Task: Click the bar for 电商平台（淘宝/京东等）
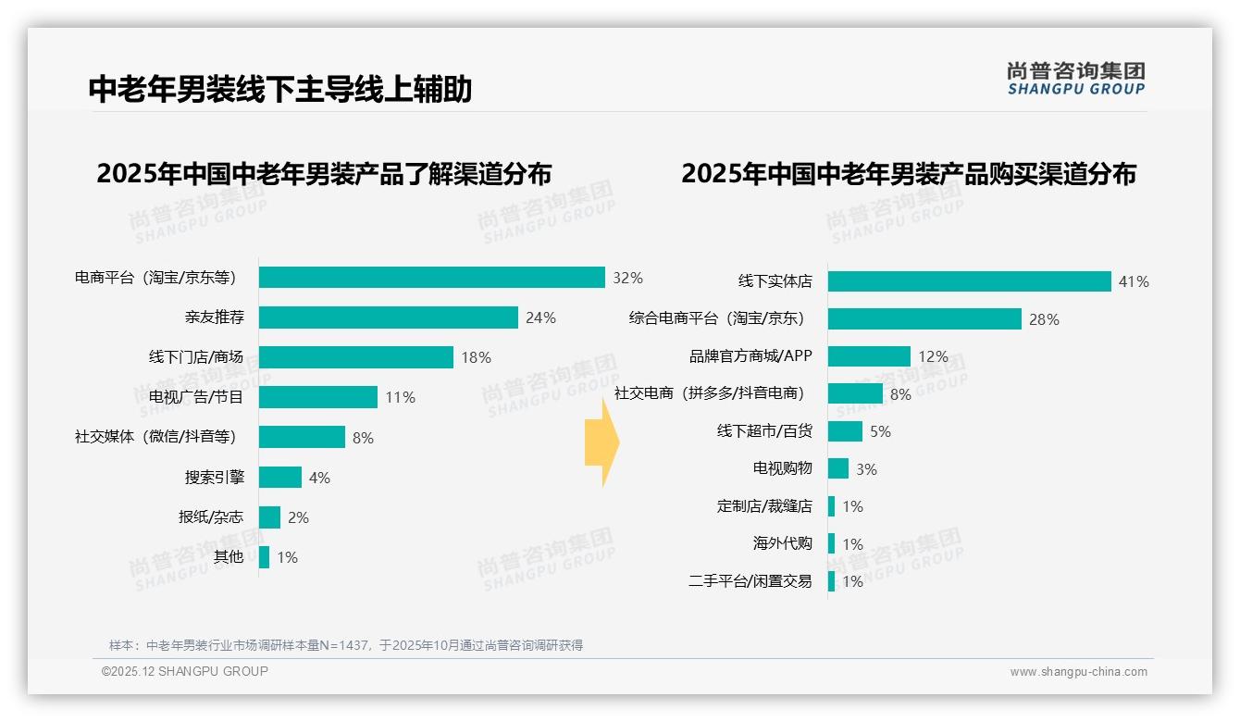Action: (x=431, y=278)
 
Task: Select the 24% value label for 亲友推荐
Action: (x=540, y=317)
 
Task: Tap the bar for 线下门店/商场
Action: (x=355, y=357)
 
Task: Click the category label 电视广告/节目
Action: (x=196, y=397)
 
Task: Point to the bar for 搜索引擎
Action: (x=279, y=477)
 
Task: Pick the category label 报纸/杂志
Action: (x=211, y=517)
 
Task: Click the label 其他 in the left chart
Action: (x=229, y=556)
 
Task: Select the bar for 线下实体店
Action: (x=969, y=281)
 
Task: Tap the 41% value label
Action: (x=1134, y=281)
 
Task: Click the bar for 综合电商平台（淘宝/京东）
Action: (x=924, y=319)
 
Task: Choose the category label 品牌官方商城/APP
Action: (x=750, y=356)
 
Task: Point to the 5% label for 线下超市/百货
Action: (x=880, y=431)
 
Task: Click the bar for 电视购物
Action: (x=837, y=468)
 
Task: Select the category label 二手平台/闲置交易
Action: (x=750, y=581)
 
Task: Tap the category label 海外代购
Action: (x=782, y=543)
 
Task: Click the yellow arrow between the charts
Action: (x=601, y=444)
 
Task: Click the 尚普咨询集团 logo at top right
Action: (x=1075, y=79)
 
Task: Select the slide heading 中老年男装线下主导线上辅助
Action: (x=280, y=90)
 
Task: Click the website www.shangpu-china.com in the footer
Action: (x=1078, y=672)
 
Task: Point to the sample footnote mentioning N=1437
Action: (x=346, y=645)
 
